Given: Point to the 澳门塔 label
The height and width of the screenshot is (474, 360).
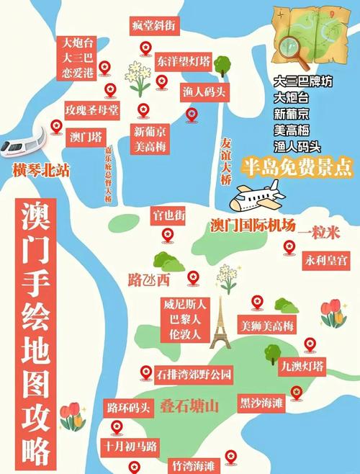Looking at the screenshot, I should point(86,136).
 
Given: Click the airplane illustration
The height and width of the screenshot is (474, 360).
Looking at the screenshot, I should point(256,197).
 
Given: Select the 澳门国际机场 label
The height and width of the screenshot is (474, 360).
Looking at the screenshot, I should point(253,225).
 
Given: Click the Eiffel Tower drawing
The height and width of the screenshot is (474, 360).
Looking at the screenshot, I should point(220,328).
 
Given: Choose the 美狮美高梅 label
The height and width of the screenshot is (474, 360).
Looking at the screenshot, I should point(267,326).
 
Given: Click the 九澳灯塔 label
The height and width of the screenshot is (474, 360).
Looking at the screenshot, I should point(302,366).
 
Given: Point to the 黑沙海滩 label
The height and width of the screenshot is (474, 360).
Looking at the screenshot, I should point(263,403).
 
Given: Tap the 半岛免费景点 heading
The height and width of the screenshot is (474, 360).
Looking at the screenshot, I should point(297,166).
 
